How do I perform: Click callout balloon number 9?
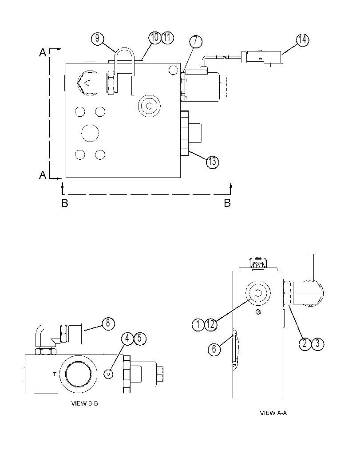(x=97, y=39)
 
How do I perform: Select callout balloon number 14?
(x=303, y=40)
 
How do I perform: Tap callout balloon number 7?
(x=196, y=41)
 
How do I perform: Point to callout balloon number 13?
(x=213, y=162)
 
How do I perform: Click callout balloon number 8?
(x=108, y=323)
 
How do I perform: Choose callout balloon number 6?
(x=214, y=349)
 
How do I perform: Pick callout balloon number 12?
(x=211, y=324)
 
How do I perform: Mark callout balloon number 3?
(x=318, y=343)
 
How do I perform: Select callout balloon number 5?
(x=140, y=339)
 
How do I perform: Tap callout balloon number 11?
(x=167, y=38)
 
